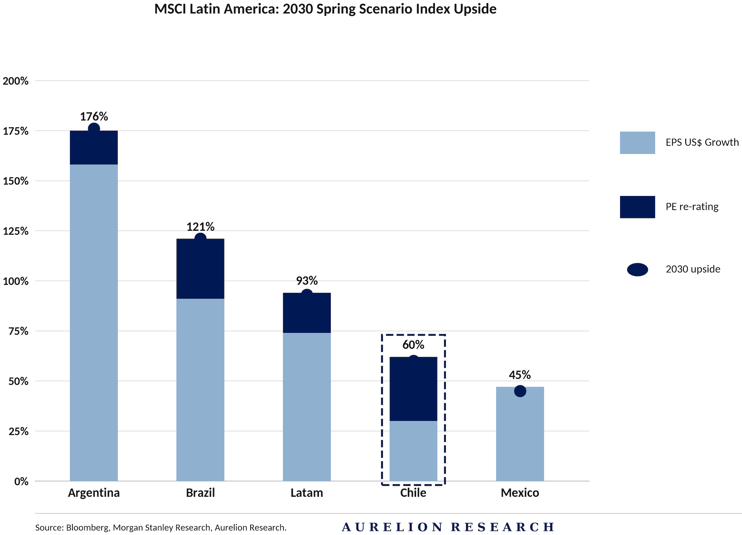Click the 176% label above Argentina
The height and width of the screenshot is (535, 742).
coord(94,116)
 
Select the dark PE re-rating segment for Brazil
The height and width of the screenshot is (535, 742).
coord(200,269)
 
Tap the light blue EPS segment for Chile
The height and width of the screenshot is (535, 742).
coord(413,451)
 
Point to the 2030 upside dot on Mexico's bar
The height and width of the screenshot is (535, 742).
coord(520,391)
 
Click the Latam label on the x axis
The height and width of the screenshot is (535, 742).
coord(306,493)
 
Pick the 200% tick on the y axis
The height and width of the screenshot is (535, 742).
coord(16,81)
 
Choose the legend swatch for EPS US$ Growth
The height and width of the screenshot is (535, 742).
coord(637,143)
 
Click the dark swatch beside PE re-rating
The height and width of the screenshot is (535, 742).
coord(637,207)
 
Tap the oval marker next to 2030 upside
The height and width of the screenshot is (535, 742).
coord(637,270)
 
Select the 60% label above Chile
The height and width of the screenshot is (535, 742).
coord(413,345)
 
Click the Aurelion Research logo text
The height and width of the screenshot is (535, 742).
coord(448,527)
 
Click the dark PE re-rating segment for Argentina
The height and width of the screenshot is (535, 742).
coord(94,148)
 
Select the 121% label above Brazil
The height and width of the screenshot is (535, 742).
coord(200,227)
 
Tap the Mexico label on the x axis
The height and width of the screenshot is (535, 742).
coord(520,493)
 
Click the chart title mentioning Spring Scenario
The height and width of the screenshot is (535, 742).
coord(325,9)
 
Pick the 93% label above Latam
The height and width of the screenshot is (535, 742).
coord(306,281)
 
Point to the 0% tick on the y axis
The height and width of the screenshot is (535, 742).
coord(21,481)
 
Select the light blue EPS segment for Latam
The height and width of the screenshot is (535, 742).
coord(306,407)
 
